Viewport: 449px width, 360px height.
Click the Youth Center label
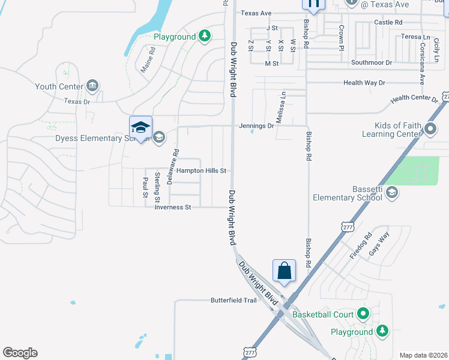[x=58, y=86]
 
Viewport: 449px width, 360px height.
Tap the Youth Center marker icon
[x=92, y=86]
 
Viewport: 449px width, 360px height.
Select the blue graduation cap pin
[x=140, y=127]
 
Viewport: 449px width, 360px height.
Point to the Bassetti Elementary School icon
[x=391, y=192]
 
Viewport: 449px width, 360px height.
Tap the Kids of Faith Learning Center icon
[x=430, y=128]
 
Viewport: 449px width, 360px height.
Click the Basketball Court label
[x=323, y=314]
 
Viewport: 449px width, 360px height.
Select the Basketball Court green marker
[x=363, y=314]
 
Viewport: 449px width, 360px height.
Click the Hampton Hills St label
[x=200, y=171]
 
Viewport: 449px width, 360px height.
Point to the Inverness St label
[x=172, y=208]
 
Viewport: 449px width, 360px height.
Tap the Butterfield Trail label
[x=234, y=301]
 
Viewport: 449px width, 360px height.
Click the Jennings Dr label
[x=256, y=126]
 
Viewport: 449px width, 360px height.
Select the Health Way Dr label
[x=364, y=83]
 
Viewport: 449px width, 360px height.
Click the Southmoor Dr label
[x=371, y=62]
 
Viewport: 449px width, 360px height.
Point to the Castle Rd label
[x=388, y=23]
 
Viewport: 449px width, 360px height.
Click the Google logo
[x=20, y=353]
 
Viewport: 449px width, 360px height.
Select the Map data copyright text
[x=423, y=355]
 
